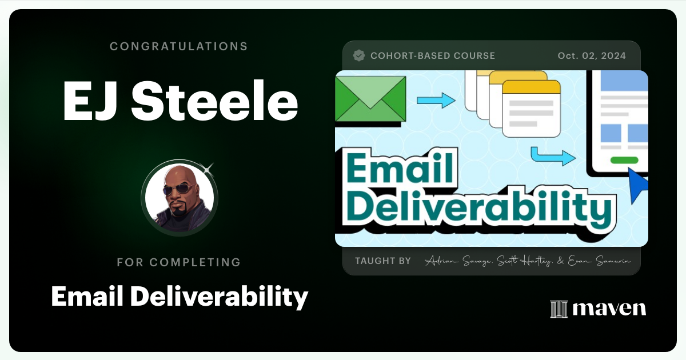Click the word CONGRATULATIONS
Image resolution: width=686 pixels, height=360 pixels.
[x=178, y=46]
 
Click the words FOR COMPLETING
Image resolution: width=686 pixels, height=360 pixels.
[x=178, y=262]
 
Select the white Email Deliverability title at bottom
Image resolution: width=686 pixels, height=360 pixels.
[x=180, y=296]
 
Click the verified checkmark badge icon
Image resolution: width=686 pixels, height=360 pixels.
[x=359, y=55]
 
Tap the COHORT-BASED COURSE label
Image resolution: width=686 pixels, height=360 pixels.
[x=433, y=56]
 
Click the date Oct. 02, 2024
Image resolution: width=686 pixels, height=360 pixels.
[x=592, y=56]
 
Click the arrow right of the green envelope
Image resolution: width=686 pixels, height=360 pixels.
[x=436, y=101]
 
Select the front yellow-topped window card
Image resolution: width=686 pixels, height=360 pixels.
[x=531, y=108]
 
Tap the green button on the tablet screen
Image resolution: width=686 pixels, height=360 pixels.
[x=624, y=161]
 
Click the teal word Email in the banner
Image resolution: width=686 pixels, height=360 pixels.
[x=400, y=169]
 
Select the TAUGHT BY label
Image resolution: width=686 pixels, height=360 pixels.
[x=383, y=261]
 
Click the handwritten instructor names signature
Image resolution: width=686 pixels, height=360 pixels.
[x=527, y=261]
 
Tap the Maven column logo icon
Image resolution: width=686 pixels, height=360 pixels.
[x=559, y=309]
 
